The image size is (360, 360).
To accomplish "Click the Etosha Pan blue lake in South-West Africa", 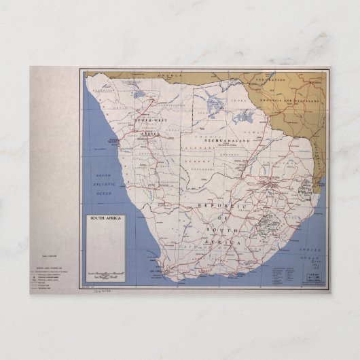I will pyautogui.click(x=139, y=94).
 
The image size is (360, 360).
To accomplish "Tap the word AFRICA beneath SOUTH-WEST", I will pyautogui.click(x=149, y=134).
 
